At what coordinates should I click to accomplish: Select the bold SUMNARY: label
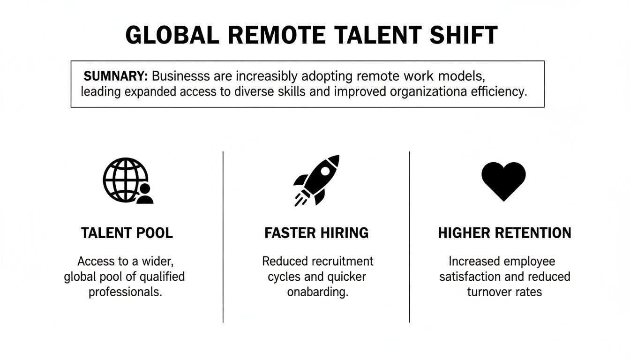116,76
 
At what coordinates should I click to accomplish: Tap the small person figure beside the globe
144,194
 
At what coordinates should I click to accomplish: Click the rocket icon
317,180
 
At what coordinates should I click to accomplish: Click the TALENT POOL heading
127,233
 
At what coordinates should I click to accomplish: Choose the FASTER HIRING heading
316,233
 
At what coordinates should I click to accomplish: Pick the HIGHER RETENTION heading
504,233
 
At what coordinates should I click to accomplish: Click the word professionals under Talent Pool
125,292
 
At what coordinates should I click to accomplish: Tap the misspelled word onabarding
317,292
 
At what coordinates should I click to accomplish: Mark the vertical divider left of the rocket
223,237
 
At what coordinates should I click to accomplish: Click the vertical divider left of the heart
410,237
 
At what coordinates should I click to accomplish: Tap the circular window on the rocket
325,172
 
